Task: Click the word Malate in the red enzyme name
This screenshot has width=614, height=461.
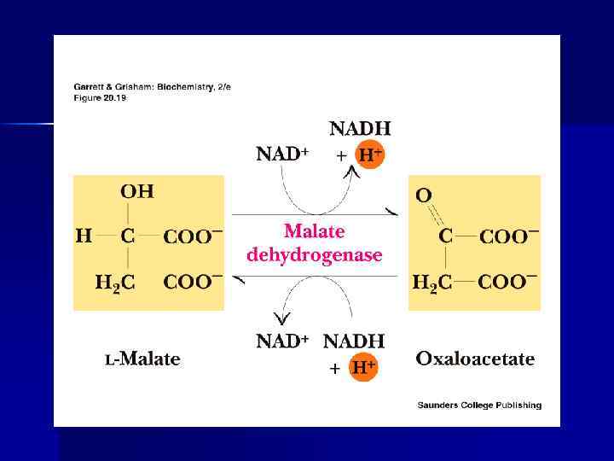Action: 314,230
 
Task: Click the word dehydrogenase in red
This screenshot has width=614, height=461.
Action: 314,254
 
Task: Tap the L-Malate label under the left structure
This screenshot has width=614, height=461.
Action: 142,359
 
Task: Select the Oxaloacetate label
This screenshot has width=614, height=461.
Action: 475,359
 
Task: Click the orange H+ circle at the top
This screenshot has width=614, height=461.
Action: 369,156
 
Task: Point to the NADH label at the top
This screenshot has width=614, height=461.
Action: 360,129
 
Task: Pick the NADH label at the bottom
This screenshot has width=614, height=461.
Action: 354,341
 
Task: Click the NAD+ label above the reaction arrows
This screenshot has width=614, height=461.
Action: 282,155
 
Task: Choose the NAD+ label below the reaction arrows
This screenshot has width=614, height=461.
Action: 282,341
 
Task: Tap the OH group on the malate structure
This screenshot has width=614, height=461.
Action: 136,191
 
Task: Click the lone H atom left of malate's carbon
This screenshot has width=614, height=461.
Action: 84,236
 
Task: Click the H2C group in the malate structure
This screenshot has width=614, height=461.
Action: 115,283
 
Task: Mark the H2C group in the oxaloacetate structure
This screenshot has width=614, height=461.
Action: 431,283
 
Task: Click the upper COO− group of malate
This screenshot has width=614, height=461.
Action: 193,236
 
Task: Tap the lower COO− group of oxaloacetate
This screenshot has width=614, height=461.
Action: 508,282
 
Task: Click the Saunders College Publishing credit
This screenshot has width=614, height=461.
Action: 479,406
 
